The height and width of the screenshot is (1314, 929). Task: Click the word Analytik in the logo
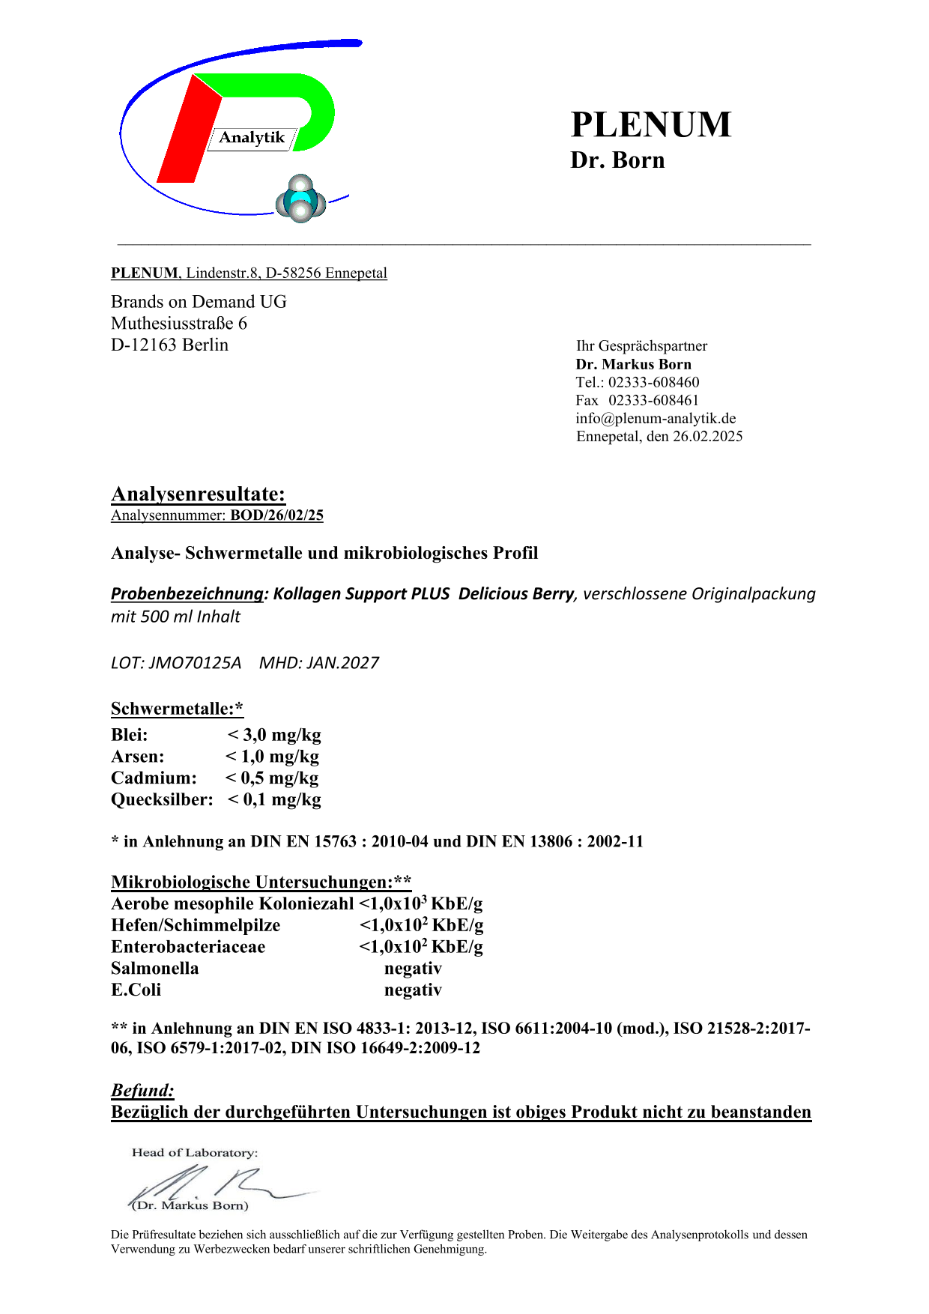(x=252, y=138)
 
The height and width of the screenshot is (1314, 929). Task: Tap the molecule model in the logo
(x=300, y=200)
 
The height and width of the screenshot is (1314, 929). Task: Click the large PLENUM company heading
(x=650, y=124)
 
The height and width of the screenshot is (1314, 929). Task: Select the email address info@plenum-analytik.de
(x=656, y=418)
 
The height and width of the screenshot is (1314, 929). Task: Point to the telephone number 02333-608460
(x=653, y=382)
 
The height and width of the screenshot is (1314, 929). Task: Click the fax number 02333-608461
(x=653, y=400)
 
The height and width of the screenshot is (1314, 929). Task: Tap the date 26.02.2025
(x=707, y=436)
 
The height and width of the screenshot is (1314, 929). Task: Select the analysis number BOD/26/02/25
(x=276, y=515)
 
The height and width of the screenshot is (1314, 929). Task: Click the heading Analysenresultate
(x=198, y=494)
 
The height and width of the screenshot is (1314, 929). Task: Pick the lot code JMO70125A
(x=196, y=663)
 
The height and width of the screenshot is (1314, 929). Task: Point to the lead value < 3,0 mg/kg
(x=274, y=735)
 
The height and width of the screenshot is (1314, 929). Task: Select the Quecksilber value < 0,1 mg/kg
(x=274, y=800)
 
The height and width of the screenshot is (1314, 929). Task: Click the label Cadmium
(x=154, y=778)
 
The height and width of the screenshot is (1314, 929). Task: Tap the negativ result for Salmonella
(x=413, y=969)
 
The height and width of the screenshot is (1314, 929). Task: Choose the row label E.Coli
(x=136, y=990)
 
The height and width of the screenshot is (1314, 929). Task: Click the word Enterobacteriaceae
(x=188, y=947)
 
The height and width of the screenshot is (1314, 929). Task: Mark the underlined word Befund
(x=142, y=1090)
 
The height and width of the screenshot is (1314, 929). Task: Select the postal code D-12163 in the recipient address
(x=144, y=345)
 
